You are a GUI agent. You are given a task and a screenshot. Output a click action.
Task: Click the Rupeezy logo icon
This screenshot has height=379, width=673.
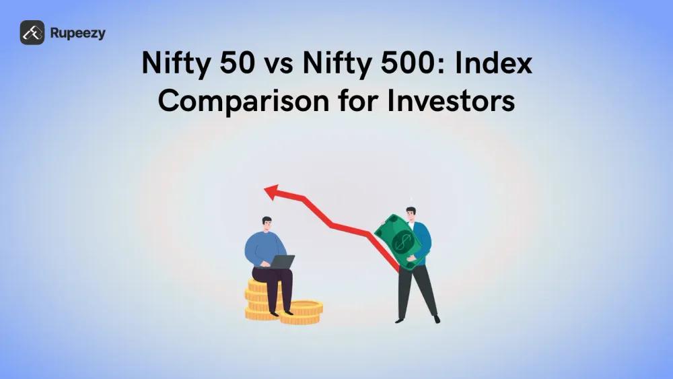(32, 32)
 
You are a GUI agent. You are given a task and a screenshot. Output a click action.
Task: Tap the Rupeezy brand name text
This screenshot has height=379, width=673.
(77, 34)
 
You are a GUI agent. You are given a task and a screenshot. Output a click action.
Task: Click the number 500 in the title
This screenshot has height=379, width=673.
(400, 63)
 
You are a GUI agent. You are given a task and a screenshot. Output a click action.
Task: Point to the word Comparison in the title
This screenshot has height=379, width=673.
(244, 101)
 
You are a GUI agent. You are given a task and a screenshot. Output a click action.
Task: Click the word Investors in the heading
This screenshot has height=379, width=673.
(451, 101)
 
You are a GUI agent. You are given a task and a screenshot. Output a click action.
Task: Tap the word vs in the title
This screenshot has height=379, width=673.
(279, 65)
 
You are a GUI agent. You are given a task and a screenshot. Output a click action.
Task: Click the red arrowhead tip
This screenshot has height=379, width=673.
(264, 189)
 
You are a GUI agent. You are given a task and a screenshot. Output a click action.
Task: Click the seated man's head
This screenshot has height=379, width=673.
(267, 224)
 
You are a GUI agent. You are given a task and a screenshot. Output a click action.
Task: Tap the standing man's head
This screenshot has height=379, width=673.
(411, 214)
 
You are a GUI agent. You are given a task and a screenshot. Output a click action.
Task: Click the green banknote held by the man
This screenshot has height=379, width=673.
(398, 242)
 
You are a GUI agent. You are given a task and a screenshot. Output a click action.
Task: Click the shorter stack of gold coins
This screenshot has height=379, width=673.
(302, 312)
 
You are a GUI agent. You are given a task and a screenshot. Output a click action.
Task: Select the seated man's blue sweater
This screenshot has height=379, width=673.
(264, 250)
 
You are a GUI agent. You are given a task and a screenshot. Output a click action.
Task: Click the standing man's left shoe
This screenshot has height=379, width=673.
(437, 319)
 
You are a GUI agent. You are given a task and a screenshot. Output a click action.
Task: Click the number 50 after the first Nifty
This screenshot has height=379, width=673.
(238, 63)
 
